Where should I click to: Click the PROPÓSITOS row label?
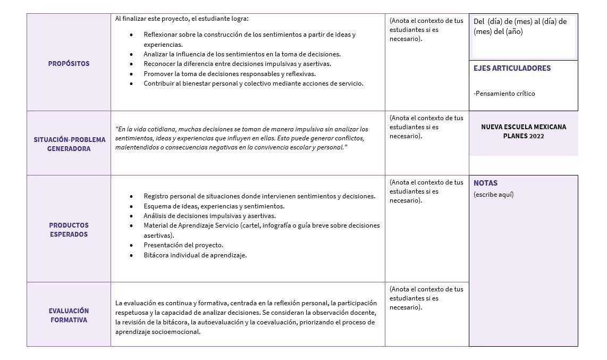click(x=69, y=64)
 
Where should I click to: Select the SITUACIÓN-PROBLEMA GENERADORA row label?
click(x=69, y=144)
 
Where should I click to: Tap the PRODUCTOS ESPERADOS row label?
click(x=69, y=230)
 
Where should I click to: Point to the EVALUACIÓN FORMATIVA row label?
click(x=69, y=315)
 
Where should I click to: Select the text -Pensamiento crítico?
click(x=504, y=94)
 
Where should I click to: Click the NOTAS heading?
click(x=485, y=183)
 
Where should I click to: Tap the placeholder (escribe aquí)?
click(x=493, y=194)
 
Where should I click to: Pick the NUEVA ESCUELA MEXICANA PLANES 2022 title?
click(x=523, y=131)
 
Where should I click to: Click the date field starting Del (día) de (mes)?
click(x=520, y=27)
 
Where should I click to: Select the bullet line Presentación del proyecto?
click(x=183, y=245)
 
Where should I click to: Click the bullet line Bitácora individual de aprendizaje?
click(x=195, y=255)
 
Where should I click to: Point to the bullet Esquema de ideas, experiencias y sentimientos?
click(x=214, y=206)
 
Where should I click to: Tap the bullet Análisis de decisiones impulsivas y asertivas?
click(x=209, y=216)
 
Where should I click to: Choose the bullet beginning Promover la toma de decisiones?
click(x=229, y=74)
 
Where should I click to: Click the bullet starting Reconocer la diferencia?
click(x=237, y=64)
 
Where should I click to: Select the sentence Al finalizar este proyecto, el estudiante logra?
click(x=182, y=19)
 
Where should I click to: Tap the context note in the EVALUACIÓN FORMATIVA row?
click(x=426, y=298)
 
